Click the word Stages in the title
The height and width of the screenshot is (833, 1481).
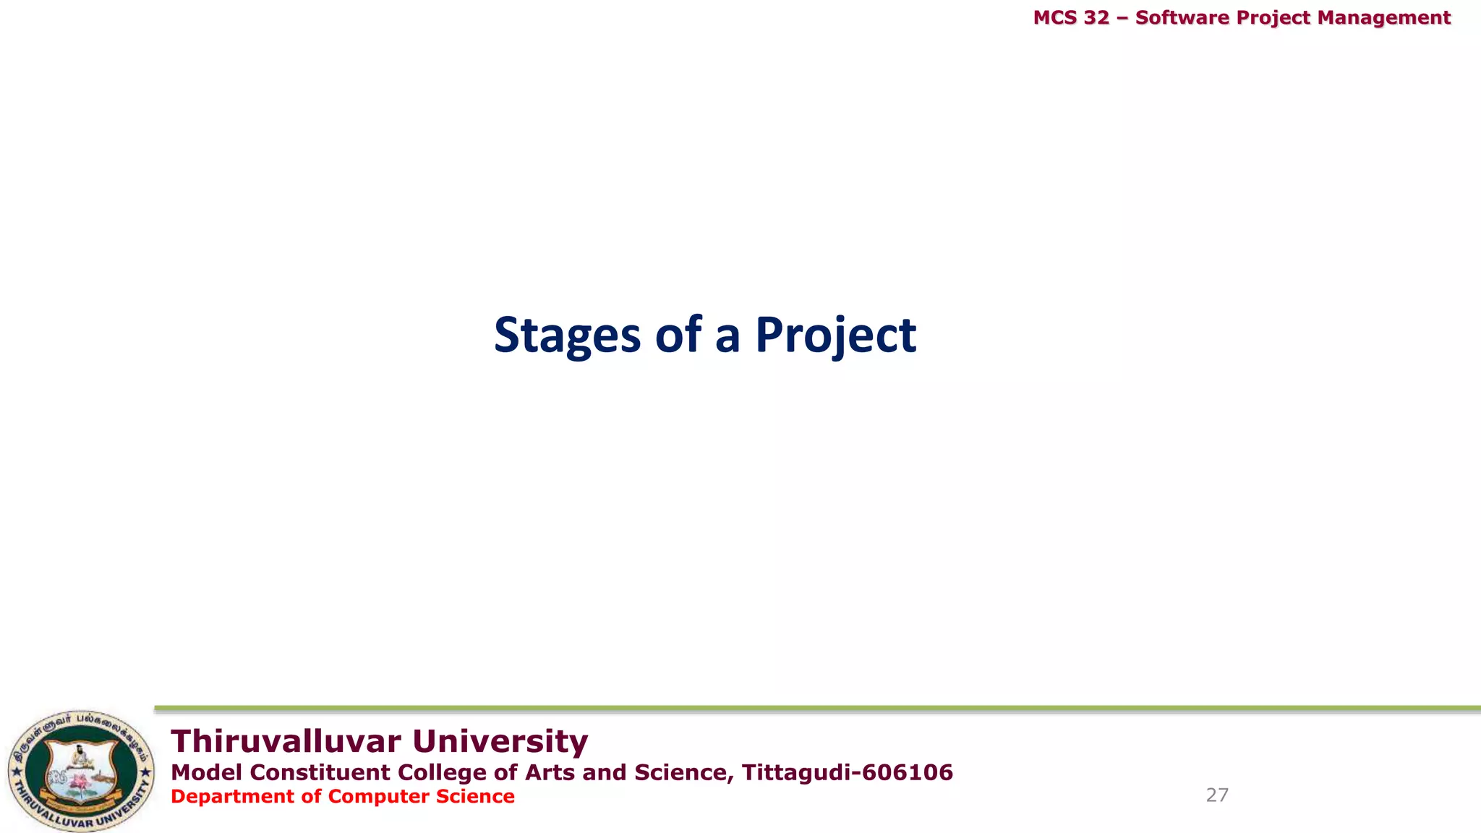pos(567,336)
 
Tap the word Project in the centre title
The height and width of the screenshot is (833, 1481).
pos(835,336)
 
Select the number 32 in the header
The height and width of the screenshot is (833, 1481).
pos(1096,17)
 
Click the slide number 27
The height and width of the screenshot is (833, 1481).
pos(1217,795)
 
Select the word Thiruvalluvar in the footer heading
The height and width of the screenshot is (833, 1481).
pos(286,742)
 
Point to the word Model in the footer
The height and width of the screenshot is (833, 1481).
pos(206,772)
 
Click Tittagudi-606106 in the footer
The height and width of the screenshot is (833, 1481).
pos(848,772)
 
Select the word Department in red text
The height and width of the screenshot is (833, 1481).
pos(232,796)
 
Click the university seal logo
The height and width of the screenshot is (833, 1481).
pos(80,771)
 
